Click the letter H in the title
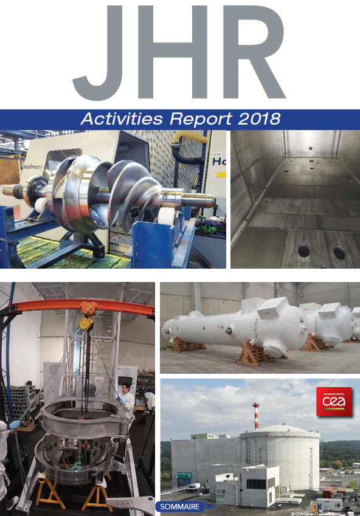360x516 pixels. (x=173, y=52)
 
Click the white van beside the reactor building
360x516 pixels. (x=193, y=487)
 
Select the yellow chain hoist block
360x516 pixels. (x=87, y=324)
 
